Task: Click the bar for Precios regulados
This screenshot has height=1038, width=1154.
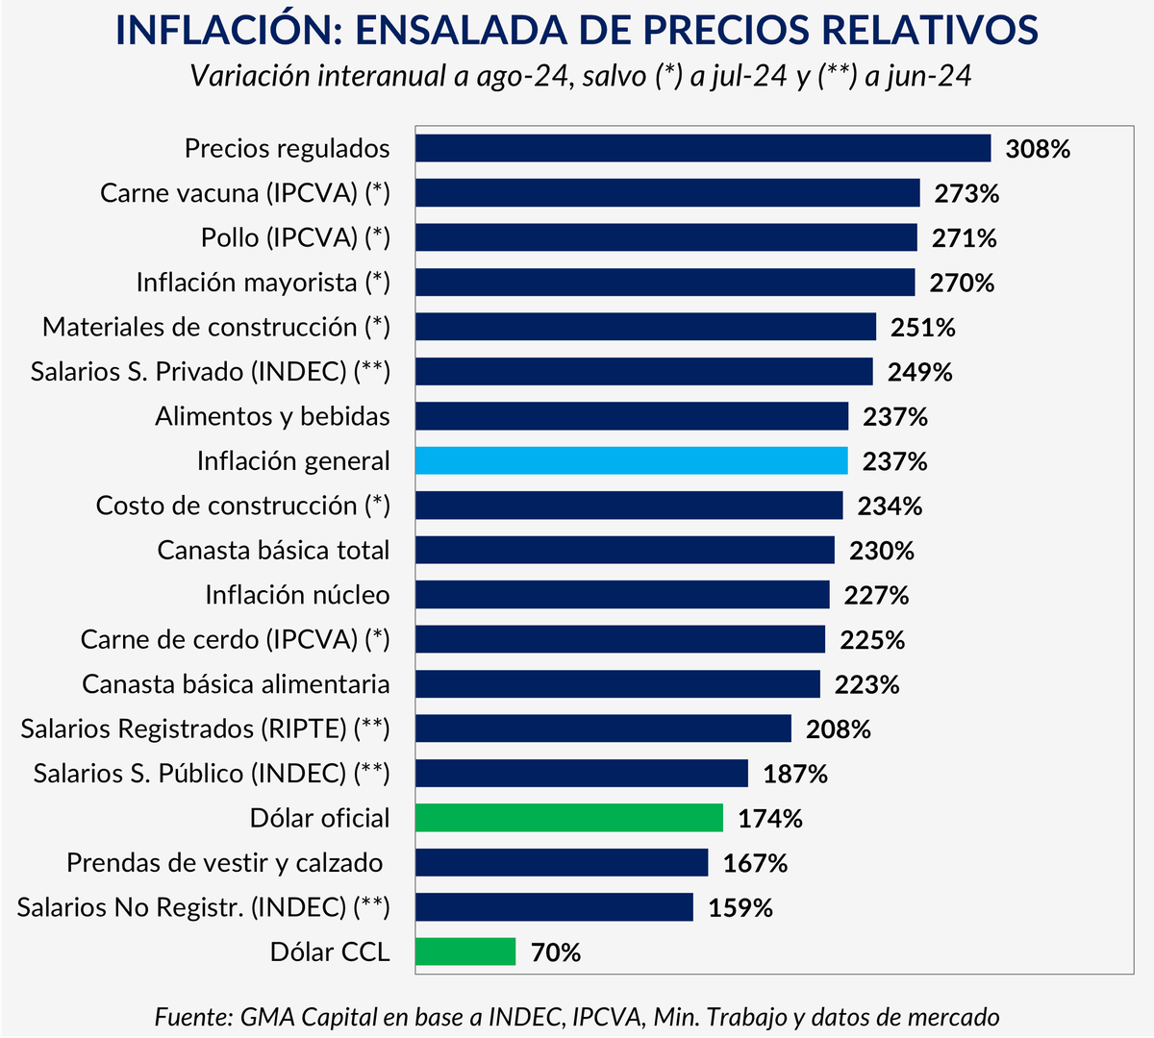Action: coord(703,148)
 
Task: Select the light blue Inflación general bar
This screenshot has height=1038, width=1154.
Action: coord(632,460)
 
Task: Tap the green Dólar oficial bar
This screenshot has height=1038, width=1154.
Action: coord(569,818)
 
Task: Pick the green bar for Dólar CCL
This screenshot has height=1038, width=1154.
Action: coord(465,951)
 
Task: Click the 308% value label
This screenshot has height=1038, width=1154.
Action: coord(1038,149)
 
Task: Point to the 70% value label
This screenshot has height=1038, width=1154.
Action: coord(556,952)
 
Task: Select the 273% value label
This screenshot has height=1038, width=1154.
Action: coord(966,193)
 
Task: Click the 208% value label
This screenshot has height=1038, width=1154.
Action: coord(838,729)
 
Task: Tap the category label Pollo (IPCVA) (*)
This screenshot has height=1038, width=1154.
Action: coord(295,237)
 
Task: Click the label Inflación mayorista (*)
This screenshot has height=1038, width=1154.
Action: coord(263,283)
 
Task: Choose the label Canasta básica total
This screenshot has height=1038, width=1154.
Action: coord(273,551)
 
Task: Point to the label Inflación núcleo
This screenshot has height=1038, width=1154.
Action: coord(297,595)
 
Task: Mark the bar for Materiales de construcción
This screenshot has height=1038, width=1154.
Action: coord(645,327)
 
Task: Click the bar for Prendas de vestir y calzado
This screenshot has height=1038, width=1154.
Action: coord(562,862)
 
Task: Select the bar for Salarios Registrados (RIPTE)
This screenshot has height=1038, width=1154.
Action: coord(603,729)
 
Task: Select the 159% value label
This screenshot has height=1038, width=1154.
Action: coord(740,908)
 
